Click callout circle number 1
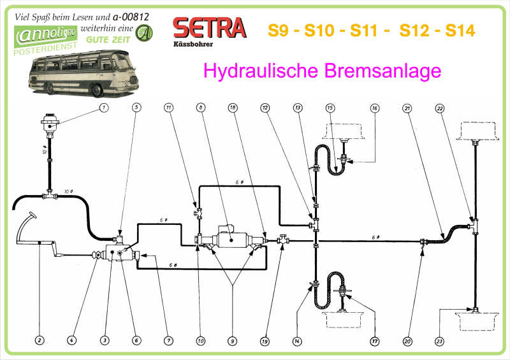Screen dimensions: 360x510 point(104,108)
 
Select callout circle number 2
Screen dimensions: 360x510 point(40,341)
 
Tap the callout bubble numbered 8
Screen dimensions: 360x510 point(201,108)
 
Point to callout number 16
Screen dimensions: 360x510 point(375,108)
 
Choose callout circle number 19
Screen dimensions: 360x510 point(264,341)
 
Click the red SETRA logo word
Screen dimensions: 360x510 point(209,27)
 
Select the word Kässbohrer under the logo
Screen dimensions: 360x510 point(193,45)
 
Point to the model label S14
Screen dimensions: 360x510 point(460,30)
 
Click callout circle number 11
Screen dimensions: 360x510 point(168,108)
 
